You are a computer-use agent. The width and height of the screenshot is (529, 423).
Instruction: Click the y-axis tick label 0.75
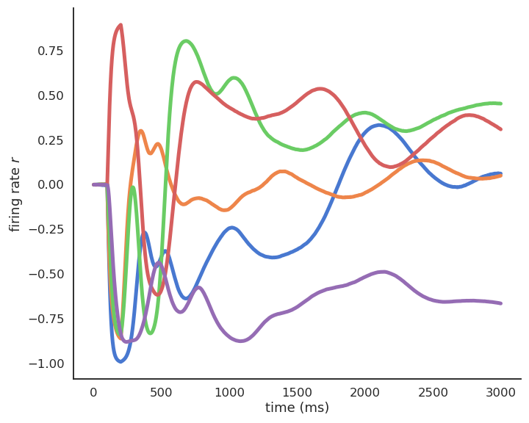click(x=51, y=51)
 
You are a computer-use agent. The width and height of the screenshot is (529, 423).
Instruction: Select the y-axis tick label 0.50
click(x=51, y=95)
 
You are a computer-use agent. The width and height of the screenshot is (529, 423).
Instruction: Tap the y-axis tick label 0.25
click(x=51, y=140)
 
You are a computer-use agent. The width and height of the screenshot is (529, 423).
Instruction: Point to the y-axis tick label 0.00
click(x=51, y=184)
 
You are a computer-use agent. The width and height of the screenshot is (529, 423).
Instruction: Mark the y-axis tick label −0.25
click(x=48, y=229)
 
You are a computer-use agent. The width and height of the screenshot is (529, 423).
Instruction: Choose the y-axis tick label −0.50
click(x=48, y=274)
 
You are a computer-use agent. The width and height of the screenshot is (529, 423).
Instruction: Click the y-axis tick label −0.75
click(x=48, y=319)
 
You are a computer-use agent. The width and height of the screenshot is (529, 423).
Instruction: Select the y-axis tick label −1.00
click(x=48, y=364)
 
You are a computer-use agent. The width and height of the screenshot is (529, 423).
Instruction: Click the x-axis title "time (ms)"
click(x=297, y=408)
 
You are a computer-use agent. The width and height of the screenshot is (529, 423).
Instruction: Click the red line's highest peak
click(x=120, y=25)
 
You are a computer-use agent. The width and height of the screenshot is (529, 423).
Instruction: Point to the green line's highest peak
click(x=186, y=41)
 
